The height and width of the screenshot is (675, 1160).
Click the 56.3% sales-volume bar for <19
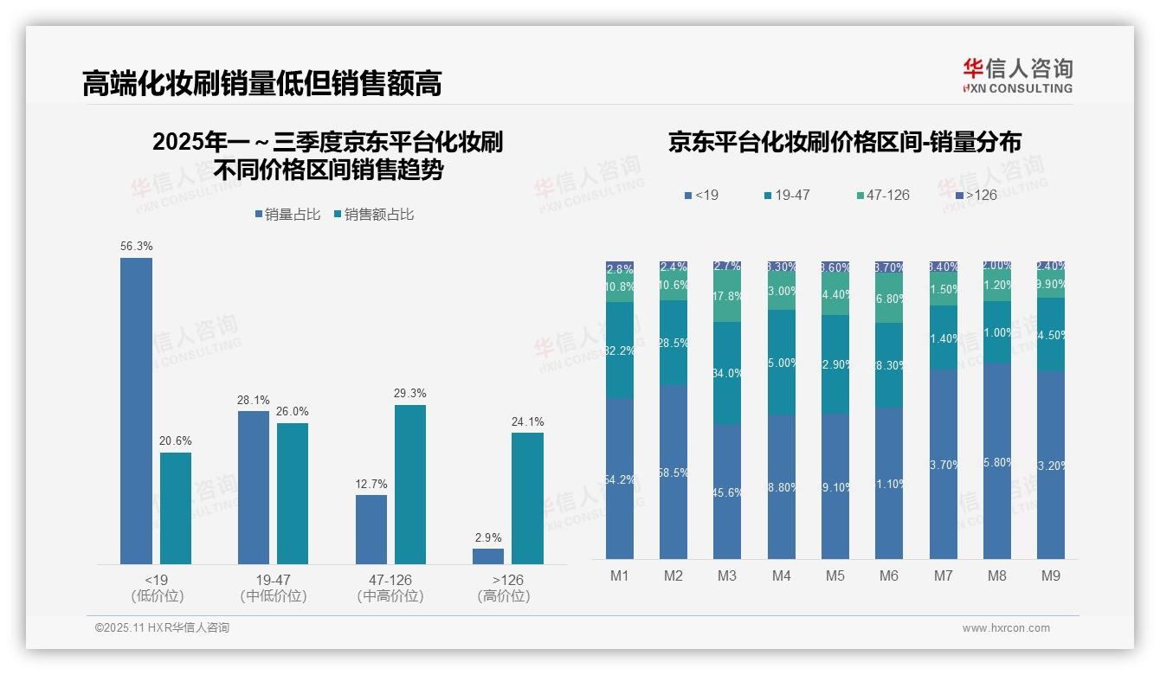coord(136,411)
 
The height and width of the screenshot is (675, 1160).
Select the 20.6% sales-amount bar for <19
coord(176,508)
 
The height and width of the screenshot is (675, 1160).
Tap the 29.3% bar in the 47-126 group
coord(410,485)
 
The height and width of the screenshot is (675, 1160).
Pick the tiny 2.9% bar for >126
coord(488,556)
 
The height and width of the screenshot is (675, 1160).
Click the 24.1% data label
coord(527,422)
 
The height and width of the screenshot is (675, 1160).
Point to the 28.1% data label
coord(254,401)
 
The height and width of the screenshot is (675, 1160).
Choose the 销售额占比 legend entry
coord(373,214)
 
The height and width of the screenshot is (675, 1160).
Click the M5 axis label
coord(835,576)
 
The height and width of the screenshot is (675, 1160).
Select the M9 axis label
coord(1050,576)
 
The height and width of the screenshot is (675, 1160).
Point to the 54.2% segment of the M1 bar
coord(620,479)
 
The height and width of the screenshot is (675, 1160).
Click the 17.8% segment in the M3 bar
coord(727,296)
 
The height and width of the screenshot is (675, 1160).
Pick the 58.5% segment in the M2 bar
coord(673,472)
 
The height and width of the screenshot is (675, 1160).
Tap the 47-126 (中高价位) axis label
coord(390,588)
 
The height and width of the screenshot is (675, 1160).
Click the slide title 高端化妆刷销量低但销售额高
coord(262,84)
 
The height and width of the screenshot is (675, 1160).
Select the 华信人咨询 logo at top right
coord(1017,75)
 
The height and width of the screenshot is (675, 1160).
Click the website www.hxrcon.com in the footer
coord(1006,628)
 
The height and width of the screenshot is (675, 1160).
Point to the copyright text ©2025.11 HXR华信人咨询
coord(162,628)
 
